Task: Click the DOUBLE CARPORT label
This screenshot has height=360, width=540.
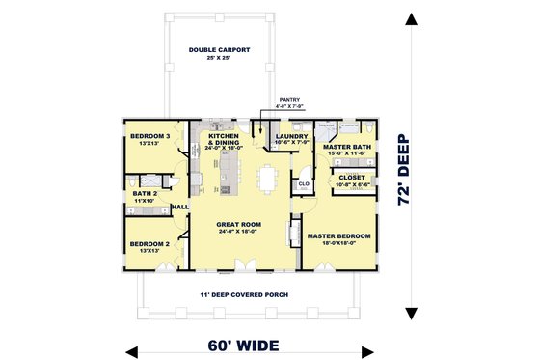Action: click(220, 48)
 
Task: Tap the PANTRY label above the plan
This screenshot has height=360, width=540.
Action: click(290, 99)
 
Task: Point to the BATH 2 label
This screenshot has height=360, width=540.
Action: click(146, 193)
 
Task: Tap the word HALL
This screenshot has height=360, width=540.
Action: click(180, 207)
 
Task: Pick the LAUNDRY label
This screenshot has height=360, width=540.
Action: click(290, 137)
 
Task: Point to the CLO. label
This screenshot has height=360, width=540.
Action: click(302, 182)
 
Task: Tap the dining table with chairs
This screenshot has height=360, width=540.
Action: click(267, 180)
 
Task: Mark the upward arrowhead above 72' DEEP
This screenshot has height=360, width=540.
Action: click(412, 21)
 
